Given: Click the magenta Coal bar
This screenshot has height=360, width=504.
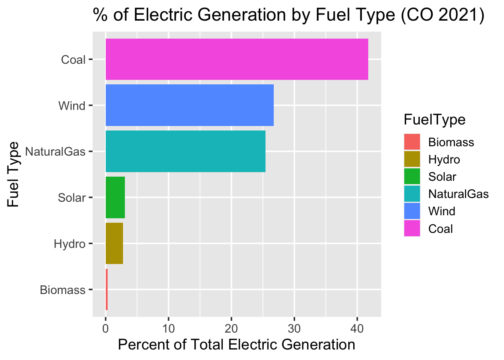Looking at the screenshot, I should tap(237, 59).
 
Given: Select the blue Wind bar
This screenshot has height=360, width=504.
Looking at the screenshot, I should tap(189, 105).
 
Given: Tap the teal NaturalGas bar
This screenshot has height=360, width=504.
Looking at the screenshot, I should tap(185, 151).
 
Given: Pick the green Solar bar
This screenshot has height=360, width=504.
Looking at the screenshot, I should tap(115, 198).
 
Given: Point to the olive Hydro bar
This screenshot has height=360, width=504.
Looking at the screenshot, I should tap(114, 244).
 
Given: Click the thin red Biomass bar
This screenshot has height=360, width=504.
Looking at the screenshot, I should tap(106, 289).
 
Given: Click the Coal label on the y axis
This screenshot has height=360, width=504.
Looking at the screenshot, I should tap(73, 60).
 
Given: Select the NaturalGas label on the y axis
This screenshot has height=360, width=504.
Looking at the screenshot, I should tap(55, 152).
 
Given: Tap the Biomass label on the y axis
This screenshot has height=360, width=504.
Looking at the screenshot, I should tap(63, 290).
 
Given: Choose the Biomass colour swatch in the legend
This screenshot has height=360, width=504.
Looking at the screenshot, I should tap(412, 142).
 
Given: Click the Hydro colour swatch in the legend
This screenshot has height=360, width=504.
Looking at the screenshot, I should tap(412, 159).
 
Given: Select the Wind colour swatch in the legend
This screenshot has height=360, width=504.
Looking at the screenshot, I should tap(412, 211).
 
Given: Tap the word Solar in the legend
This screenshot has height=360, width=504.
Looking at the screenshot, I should tap(442, 177).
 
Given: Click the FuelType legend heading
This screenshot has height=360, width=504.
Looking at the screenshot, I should tap(434, 120).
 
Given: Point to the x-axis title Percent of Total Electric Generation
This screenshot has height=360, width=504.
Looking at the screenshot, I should tap(237, 345).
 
